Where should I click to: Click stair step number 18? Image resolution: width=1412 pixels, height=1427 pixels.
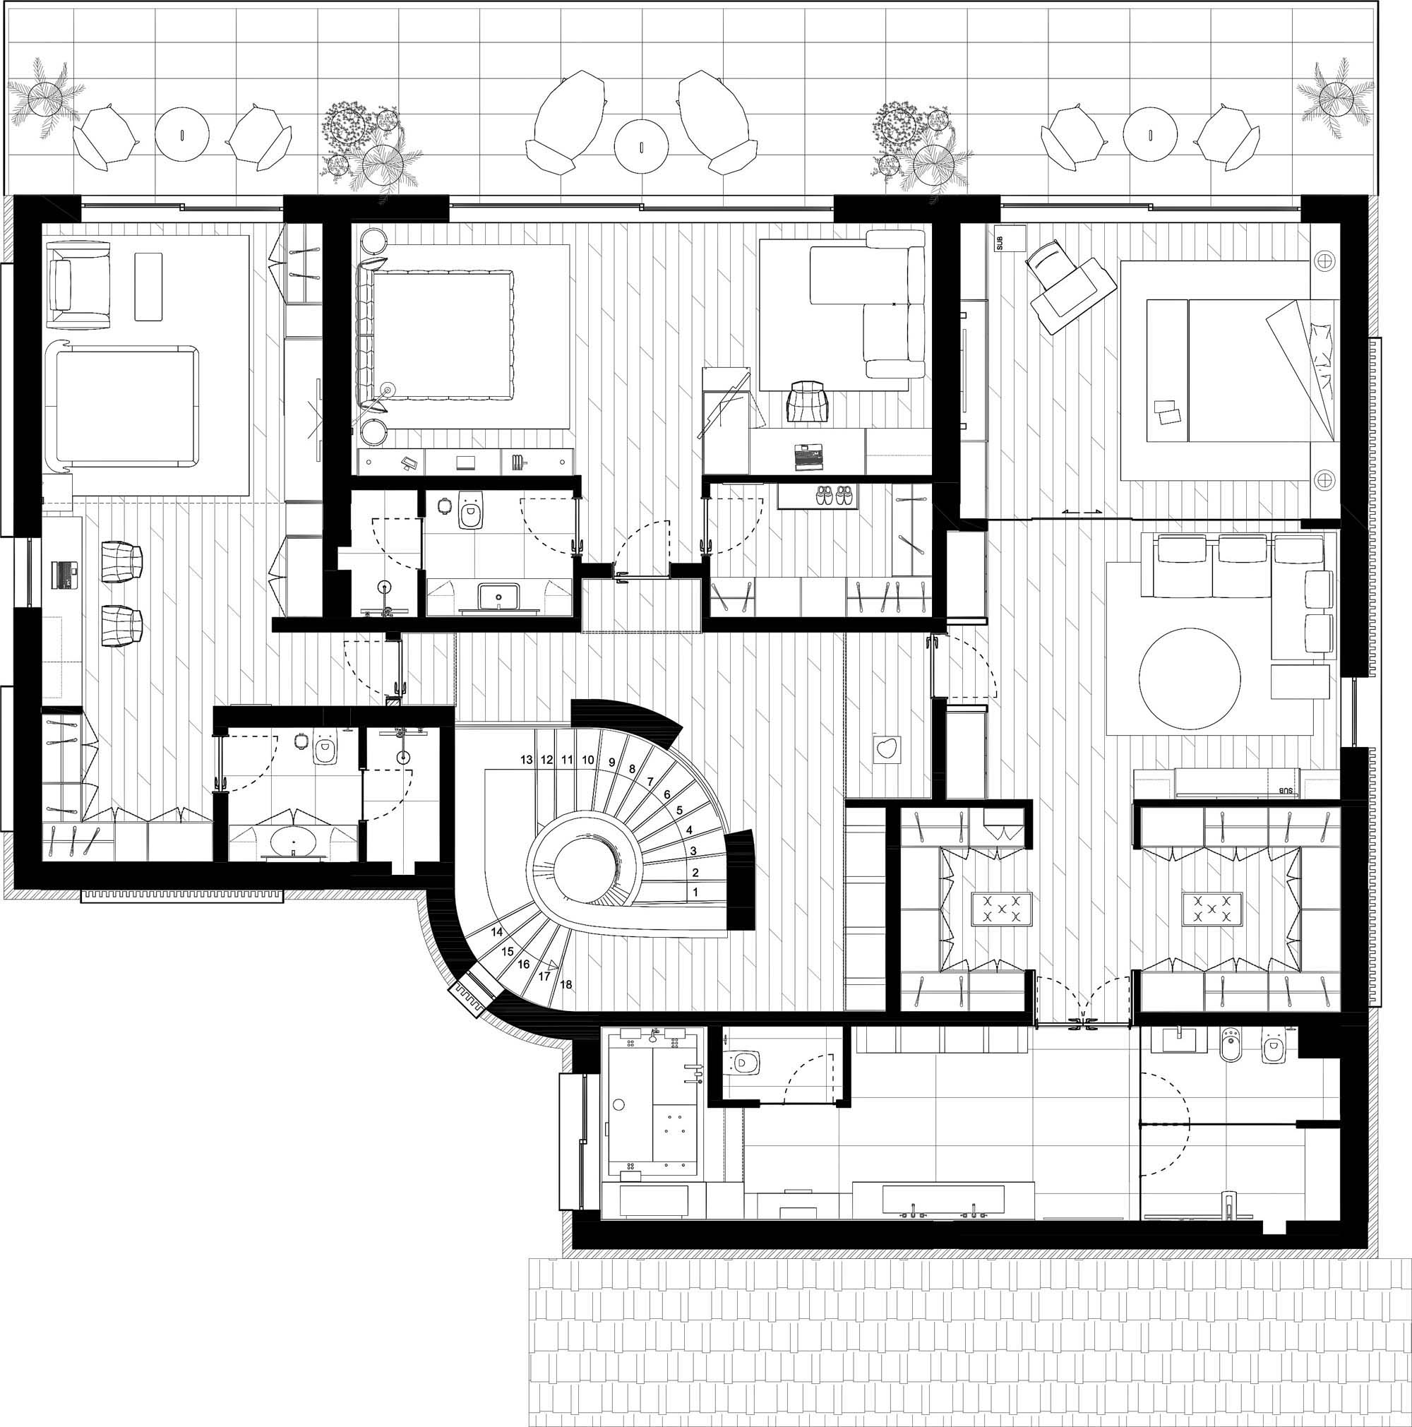(x=566, y=984)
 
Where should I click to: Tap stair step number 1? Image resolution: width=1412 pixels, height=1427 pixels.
(x=695, y=892)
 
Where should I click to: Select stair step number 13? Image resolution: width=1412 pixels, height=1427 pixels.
(x=527, y=759)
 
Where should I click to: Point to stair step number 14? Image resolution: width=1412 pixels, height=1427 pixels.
(x=497, y=932)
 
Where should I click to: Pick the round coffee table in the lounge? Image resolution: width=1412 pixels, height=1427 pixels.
(x=1190, y=679)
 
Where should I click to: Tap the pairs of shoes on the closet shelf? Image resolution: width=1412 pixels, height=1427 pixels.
(x=836, y=495)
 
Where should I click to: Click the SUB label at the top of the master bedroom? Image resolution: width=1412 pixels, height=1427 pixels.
(x=1000, y=242)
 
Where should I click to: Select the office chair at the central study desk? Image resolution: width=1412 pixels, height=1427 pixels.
(x=806, y=400)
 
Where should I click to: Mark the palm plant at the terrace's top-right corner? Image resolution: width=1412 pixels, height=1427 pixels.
(x=1334, y=97)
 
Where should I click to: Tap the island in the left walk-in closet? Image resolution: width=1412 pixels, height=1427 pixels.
(x=1002, y=909)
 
